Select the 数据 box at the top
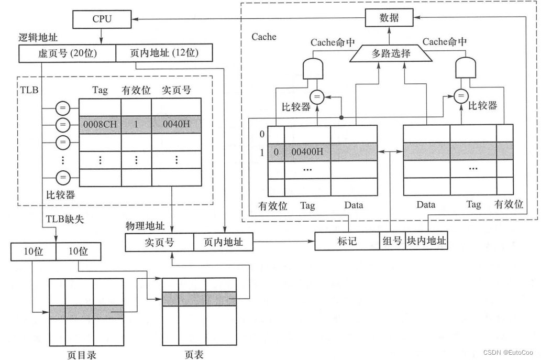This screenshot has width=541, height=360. tap(389, 18)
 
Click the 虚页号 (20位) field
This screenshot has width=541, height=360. tap(66, 53)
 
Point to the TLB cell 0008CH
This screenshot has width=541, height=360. tap(100, 125)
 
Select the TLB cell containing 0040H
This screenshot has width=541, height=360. tap(176, 125)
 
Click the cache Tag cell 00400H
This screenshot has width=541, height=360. tap(307, 152)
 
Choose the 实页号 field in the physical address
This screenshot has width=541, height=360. tap(159, 242)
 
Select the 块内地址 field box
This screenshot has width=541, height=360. tap(426, 241)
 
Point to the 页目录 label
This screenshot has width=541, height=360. tap(82, 355)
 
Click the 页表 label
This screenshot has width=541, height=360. tap(193, 355)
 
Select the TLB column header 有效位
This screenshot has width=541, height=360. tap(136, 90)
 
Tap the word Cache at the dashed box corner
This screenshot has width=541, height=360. tap(263, 37)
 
